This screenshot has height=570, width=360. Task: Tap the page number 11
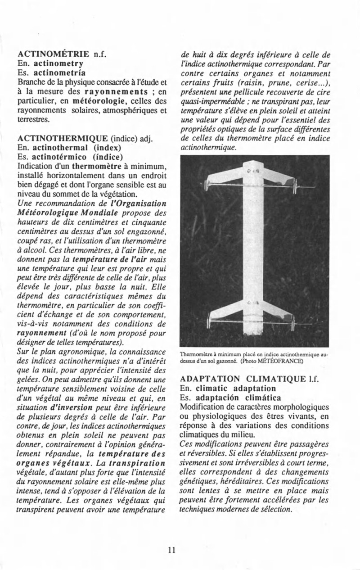(x=171, y=550)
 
